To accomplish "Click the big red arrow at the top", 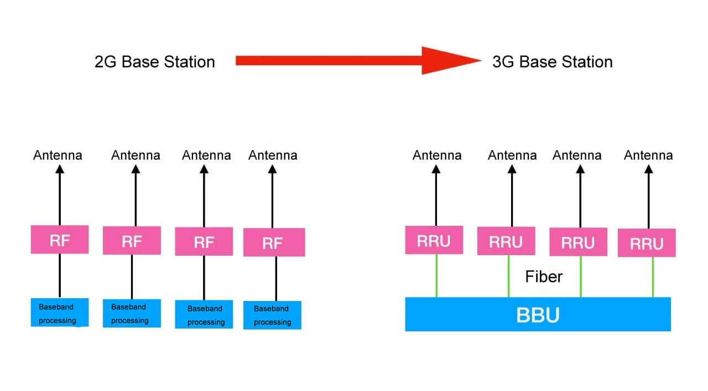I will [354, 61].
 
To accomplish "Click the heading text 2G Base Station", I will [155, 61].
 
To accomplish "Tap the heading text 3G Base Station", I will [552, 61].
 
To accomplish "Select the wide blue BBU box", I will [538, 314].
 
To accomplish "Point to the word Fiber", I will [543, 276].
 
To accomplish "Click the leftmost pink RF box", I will [60, 239].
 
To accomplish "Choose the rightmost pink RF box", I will [274, 242].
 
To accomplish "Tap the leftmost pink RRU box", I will [434, 240].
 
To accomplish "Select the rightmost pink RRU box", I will [646, 243].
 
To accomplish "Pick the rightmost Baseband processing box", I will [272, 315].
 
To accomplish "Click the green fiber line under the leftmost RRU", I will [436, 276].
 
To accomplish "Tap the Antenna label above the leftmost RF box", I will [58, 155].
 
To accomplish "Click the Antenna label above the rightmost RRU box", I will [648, 155].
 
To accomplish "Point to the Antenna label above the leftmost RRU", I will [437, 155].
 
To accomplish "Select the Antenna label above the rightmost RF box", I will [273, 155].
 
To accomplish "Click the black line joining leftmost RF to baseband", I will [60, 275].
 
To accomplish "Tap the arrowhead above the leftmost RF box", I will [60, 169].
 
